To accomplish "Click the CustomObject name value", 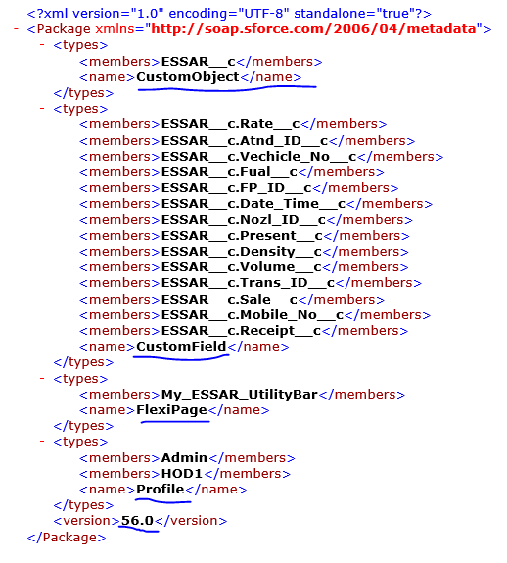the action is [x=188, y=77].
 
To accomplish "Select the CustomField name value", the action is [x=181, y=347].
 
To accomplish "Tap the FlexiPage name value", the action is [x=172, y=410].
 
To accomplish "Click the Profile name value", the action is [x=161, y=489].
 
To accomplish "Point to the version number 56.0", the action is [x=137, y=520].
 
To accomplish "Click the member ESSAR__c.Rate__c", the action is [x=230, y=124].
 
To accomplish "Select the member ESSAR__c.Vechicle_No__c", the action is [x=258, y=157].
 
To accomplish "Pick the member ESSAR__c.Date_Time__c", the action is [x=253, y=204].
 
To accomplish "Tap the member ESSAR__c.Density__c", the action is [x=242, y=252].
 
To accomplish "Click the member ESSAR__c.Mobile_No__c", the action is [x=253, y=315].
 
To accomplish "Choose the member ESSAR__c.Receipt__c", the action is [x=241, y=331].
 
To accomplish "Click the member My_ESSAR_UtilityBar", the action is [x=240, y=395].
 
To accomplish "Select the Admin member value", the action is [x=184, y=458].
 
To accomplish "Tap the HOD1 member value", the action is [x=182, y=474].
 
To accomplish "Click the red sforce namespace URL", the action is [x=313, y=28].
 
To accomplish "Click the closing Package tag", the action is [x=67, y=538].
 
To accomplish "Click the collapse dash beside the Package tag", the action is [x=16, y=28].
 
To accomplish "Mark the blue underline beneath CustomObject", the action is [x=227, y=89].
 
